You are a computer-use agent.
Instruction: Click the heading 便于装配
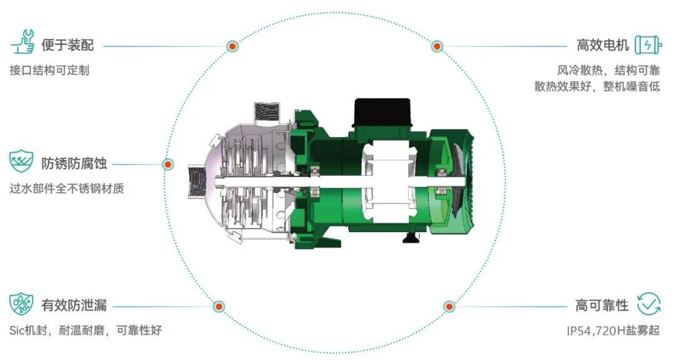point(68,45)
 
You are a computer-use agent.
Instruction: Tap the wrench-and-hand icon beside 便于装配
point(23,42)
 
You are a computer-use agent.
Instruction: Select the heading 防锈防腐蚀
point(74,164)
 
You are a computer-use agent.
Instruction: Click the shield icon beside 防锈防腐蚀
point(21,162)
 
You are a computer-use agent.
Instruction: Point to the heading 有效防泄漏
point(74,306)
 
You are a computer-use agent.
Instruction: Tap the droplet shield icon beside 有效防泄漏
point(21,304)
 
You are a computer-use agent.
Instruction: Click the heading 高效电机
point(603,45)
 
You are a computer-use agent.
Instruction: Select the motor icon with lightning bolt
point(648,44)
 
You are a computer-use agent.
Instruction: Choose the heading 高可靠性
point(602,306)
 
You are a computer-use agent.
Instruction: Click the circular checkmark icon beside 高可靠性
point(649,304)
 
